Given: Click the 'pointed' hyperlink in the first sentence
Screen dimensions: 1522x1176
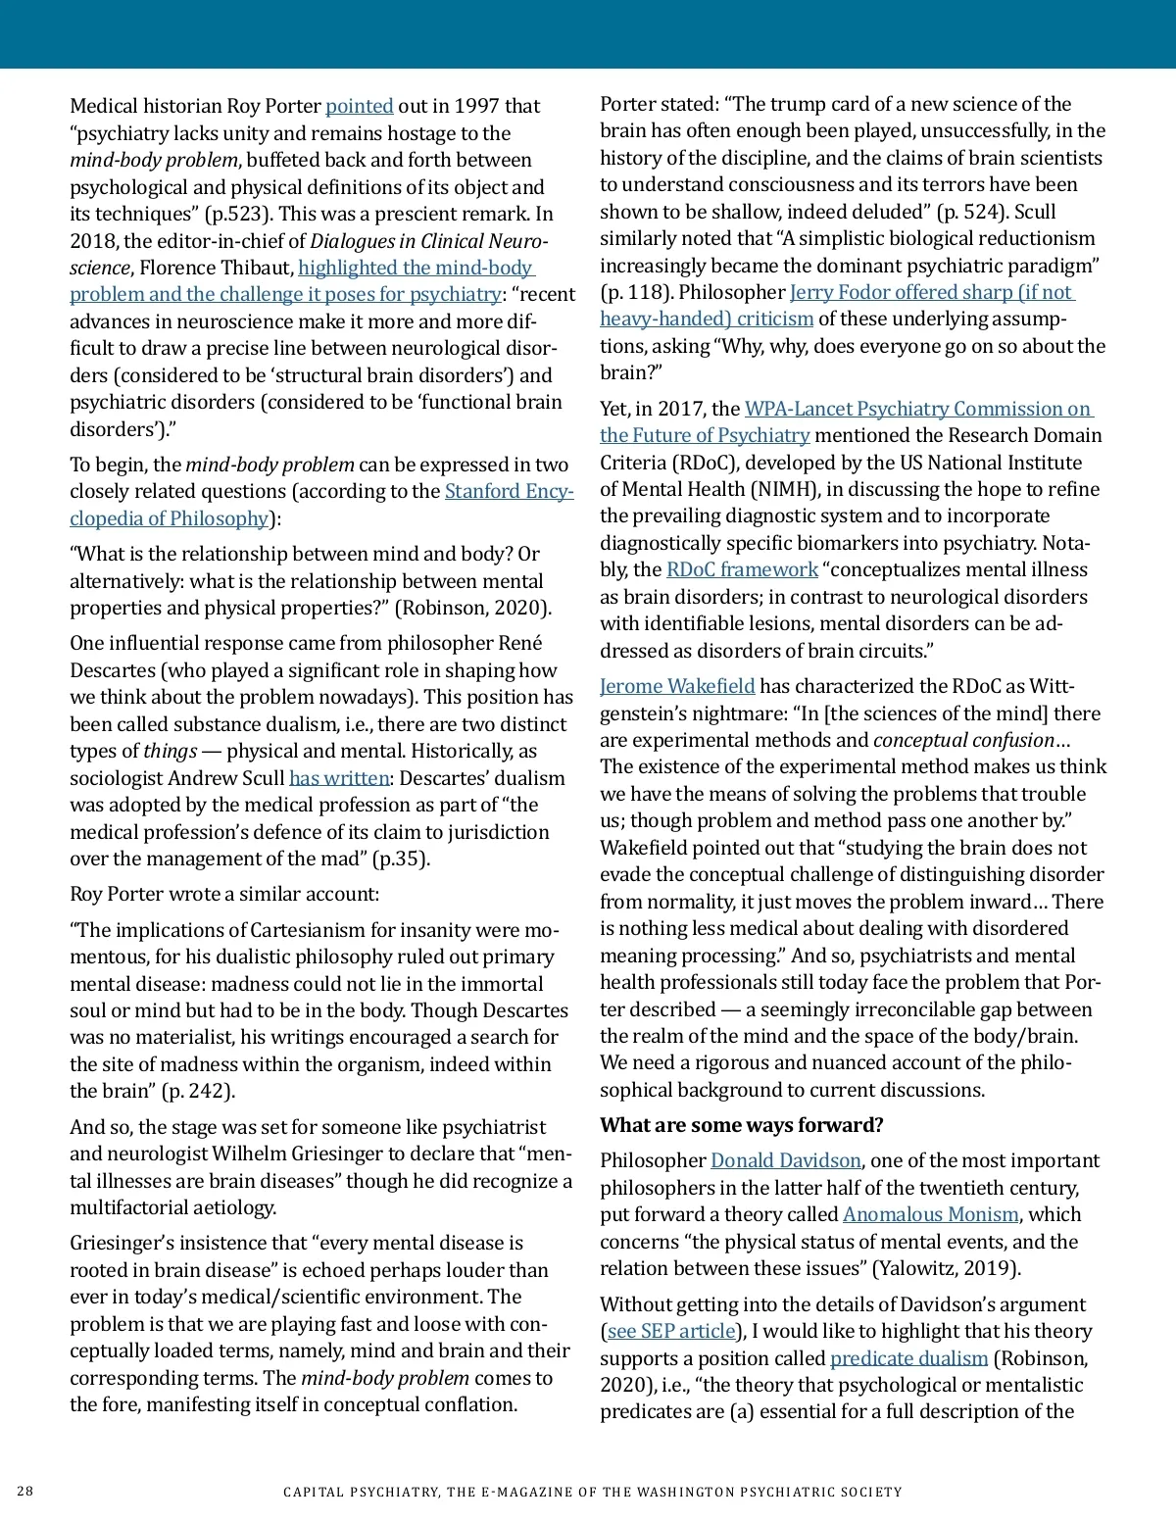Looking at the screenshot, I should (359, 106).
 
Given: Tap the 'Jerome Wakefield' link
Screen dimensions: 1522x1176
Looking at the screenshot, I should (677, 686).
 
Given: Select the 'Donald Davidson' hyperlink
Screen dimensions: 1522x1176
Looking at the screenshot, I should (785, 1160).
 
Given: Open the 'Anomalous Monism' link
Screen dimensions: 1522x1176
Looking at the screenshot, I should (930, 1214).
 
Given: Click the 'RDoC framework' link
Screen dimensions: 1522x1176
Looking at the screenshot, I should (741, 569).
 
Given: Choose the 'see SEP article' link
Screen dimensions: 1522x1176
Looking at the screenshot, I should (671, 1331).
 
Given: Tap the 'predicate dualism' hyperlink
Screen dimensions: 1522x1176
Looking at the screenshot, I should (908, 1358).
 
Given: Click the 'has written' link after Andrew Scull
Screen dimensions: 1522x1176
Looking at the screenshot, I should (339, 778).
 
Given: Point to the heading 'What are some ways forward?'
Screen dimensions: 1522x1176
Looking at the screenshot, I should (741, 1125).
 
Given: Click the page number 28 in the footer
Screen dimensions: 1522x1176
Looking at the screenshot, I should (25, 1492).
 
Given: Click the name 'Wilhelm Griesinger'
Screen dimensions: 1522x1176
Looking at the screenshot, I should (296, 1154).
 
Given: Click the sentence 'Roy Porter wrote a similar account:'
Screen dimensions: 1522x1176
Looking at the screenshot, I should (224, 894).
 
